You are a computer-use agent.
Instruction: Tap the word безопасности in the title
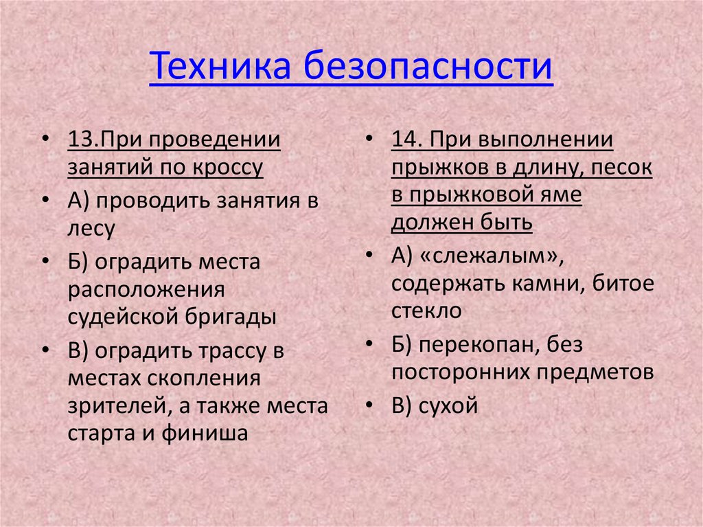coord(426,67)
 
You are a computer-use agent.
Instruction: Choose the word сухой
coord(446,406)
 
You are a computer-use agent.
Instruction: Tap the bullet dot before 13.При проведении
coord(45,139)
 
